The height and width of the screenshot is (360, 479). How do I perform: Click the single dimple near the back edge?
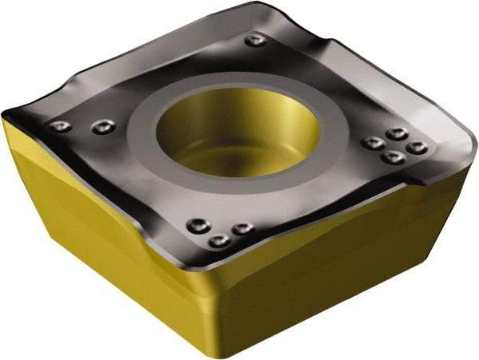[x=255, y=40]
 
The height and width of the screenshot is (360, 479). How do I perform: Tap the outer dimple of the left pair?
[x=59, y=126]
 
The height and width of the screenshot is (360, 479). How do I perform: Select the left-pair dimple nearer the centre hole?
[x=101, y=127]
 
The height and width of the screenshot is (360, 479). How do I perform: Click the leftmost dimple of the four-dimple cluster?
[x=372, y=143]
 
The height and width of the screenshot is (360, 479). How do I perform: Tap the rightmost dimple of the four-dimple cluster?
[x=416, y=148]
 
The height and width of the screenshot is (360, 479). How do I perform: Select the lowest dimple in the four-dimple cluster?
[x=392, y=157]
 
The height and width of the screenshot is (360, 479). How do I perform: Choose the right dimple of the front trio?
[x=242, y=228]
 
